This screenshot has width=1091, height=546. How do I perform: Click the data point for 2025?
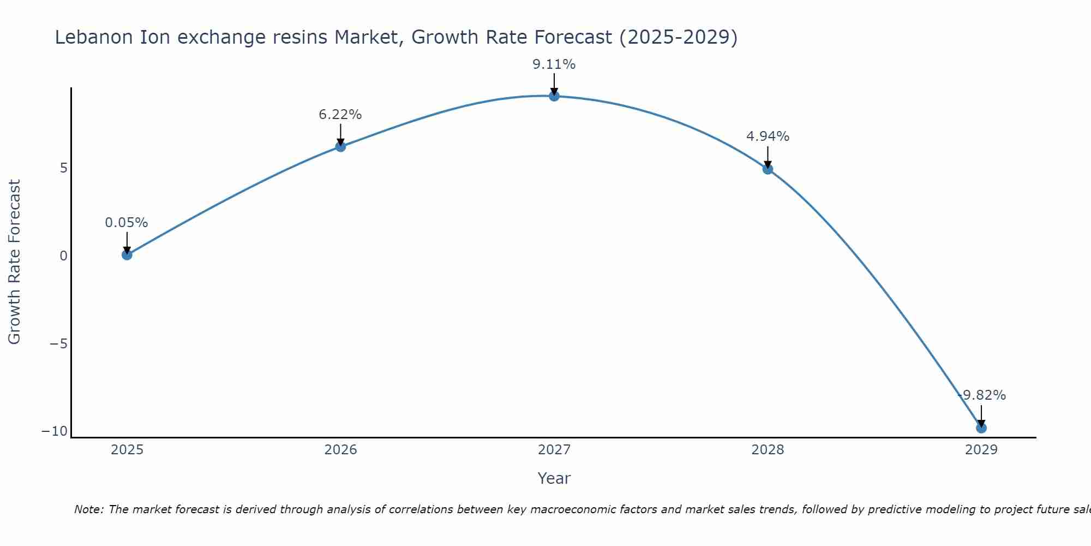127,254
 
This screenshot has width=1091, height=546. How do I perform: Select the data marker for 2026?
340,146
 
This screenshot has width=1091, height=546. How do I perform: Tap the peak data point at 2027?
554,96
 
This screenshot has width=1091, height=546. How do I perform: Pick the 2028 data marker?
768,169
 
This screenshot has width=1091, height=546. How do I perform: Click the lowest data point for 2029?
981,428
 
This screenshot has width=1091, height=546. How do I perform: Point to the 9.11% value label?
554,64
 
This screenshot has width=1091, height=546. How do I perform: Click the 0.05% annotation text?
127,223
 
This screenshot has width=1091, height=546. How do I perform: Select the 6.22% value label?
340,115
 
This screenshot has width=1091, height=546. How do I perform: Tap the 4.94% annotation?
768,136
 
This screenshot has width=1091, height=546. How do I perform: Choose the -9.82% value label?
981,395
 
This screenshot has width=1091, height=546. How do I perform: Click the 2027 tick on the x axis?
554,450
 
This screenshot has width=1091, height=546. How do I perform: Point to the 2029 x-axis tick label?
981,450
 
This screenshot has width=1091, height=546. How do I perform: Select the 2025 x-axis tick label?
127,450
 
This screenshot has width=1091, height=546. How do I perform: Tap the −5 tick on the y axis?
58,344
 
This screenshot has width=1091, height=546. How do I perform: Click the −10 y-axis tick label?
55,431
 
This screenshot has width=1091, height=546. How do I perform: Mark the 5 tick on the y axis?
64,168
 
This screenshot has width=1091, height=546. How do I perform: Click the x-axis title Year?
554,478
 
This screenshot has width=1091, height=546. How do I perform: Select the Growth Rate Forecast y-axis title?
14,262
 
